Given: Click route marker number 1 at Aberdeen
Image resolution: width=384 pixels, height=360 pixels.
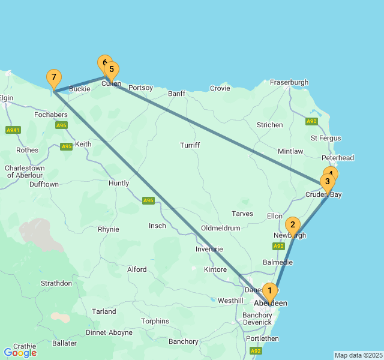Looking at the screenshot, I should tap(270, 291).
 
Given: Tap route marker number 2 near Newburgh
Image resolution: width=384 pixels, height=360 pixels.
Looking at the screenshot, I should tap(292, 226).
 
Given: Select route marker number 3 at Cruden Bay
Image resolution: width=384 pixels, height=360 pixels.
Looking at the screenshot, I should tap(327, 181).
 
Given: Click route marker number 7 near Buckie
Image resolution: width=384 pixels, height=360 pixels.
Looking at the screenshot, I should tap(54, 77).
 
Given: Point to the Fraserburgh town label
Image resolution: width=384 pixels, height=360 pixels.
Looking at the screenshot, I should tap(289, 82).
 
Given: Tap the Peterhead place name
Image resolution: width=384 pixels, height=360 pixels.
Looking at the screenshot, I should tap(338, 158).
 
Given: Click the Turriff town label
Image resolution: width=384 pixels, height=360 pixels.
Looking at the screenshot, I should tap(190, 145).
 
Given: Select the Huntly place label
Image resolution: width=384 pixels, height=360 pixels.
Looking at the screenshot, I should tap(119, 183).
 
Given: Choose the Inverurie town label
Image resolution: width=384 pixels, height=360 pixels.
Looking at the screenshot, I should tap(209, 249).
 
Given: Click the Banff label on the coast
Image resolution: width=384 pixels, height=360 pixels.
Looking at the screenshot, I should tap(177, 94).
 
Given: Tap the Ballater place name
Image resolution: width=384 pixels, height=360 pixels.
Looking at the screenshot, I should tap(64, 343).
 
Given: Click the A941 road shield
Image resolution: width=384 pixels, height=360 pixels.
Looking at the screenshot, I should tap(13, 130).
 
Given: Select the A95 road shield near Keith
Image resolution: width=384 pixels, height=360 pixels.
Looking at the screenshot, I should tap(66, 146).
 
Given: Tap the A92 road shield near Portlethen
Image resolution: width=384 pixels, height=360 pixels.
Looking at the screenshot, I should tap(256, 350).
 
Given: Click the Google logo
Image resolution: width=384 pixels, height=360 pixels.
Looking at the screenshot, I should tap(20, 353).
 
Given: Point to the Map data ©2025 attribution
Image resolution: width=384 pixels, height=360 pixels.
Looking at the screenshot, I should tap(358, 355).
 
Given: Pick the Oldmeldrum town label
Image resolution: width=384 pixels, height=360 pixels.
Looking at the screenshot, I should tap(220, 228).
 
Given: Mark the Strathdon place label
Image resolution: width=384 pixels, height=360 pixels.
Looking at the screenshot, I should tap(56, 283).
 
